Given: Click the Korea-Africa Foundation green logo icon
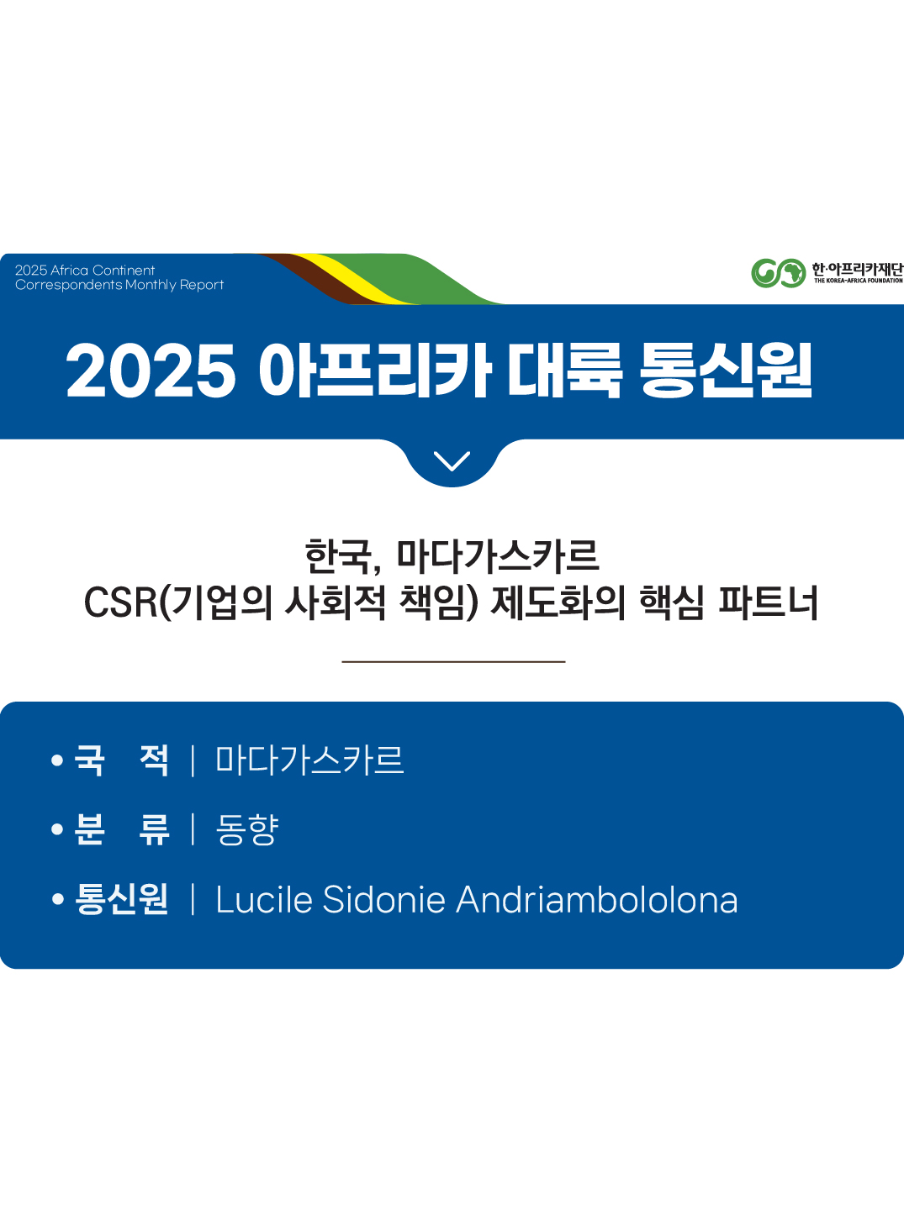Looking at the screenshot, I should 778,273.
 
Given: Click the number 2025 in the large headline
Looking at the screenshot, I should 151,371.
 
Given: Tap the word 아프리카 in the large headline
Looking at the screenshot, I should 374,371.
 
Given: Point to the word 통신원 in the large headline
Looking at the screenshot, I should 726,371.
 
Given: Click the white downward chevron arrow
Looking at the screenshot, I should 452,460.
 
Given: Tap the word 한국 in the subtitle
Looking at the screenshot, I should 338,556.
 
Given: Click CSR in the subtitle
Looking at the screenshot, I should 120,602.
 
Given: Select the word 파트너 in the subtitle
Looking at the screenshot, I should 768,602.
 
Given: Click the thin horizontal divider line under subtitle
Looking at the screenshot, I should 453,662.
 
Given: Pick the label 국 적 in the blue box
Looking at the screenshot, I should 122,760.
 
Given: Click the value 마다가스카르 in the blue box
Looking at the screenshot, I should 309,760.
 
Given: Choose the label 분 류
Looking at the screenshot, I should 122,829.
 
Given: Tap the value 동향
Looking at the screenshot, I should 247,829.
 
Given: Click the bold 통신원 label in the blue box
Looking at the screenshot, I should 122,899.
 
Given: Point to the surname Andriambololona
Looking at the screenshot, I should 597,900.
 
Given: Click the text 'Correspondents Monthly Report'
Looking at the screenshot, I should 119,285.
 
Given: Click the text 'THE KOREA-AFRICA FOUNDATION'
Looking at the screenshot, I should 858,281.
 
